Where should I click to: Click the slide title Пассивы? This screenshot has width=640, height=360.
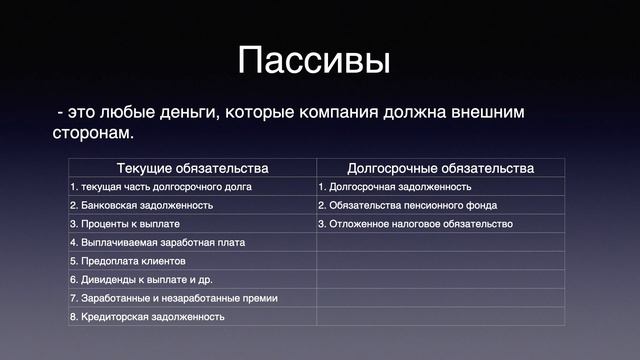tap(314, 59)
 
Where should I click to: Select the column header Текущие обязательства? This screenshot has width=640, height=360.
tap(192, 168)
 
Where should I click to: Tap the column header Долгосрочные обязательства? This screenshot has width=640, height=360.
tap(440, 168)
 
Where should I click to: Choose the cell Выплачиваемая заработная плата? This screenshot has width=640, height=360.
tap(157, 242)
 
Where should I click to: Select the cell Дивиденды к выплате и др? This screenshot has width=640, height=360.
tap(141, 279)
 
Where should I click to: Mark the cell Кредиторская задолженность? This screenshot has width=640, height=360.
tap(147, 316)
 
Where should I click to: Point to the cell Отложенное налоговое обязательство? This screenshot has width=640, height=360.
tap(415, 224)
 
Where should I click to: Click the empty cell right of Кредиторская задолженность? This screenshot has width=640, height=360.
tap(440, 316)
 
